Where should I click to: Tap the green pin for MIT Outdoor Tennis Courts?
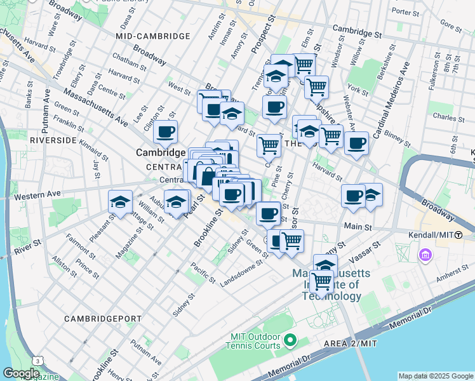pos(290,340)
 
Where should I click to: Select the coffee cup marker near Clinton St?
pos(166,132)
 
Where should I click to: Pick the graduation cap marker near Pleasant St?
pos(120,201)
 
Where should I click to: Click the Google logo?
pos(21,373)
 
